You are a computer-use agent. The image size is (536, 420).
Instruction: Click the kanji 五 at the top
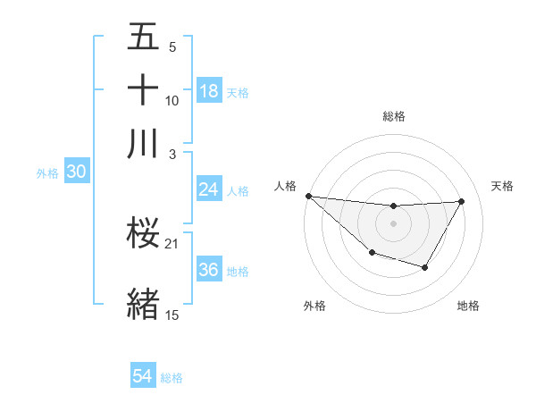[x=143, y=38]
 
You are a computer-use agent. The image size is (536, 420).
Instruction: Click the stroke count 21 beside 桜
[x=173, y=244]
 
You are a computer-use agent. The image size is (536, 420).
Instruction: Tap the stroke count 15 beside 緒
[x=172, y=315]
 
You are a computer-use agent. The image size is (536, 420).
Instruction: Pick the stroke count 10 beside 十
[x=172, y=101]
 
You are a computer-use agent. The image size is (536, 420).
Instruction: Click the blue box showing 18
[x=209, y=91]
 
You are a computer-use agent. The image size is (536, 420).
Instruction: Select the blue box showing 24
[x=208, y=189]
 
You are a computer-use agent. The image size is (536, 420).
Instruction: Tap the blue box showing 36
[x=209, y=271]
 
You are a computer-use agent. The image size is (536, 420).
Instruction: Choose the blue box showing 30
[x=76, y=172]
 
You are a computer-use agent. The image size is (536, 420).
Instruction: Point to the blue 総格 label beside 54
[x=172, y=378]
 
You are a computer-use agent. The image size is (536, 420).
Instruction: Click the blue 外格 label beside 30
[x=46, y=173]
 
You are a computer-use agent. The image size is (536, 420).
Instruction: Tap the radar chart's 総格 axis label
[x=393, y=116]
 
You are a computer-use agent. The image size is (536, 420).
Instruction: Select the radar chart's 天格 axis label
[x=502, y=186]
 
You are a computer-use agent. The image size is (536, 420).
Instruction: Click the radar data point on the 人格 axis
[x=308, y=196]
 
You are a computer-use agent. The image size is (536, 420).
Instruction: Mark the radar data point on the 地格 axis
[x=425, y=267]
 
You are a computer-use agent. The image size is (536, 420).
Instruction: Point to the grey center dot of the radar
[x=393, y=223]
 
